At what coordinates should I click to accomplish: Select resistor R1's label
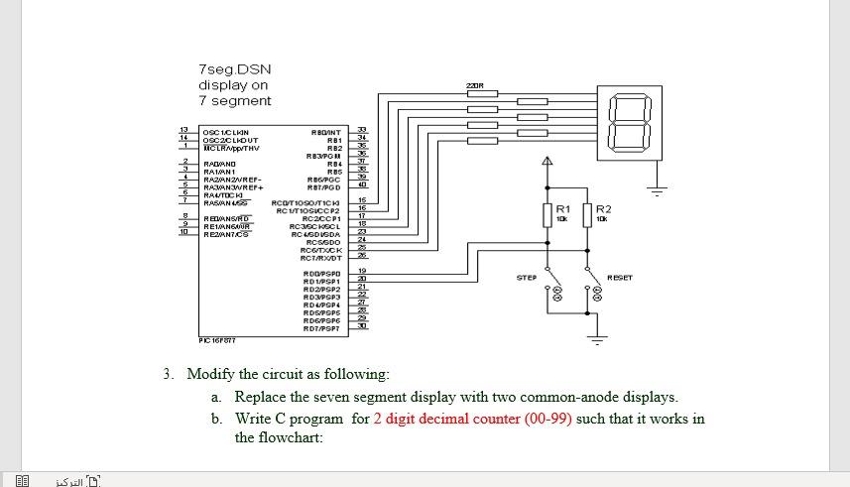[x=563, y=208]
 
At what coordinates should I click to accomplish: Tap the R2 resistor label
[x=603, y=208]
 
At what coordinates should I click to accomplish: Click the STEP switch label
[x=527, y=278]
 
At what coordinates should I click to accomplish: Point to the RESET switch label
[x=620, y=278]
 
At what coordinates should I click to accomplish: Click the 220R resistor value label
[x=474, y=87]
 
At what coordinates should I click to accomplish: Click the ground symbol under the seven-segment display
[x=654, y=185]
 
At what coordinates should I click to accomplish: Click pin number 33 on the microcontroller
[x=362, y=130]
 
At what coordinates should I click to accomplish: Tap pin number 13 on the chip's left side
[x=183, y=130]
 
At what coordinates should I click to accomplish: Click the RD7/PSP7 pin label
[x=321, y=328]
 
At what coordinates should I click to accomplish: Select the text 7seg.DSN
[x=234, y=69]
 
